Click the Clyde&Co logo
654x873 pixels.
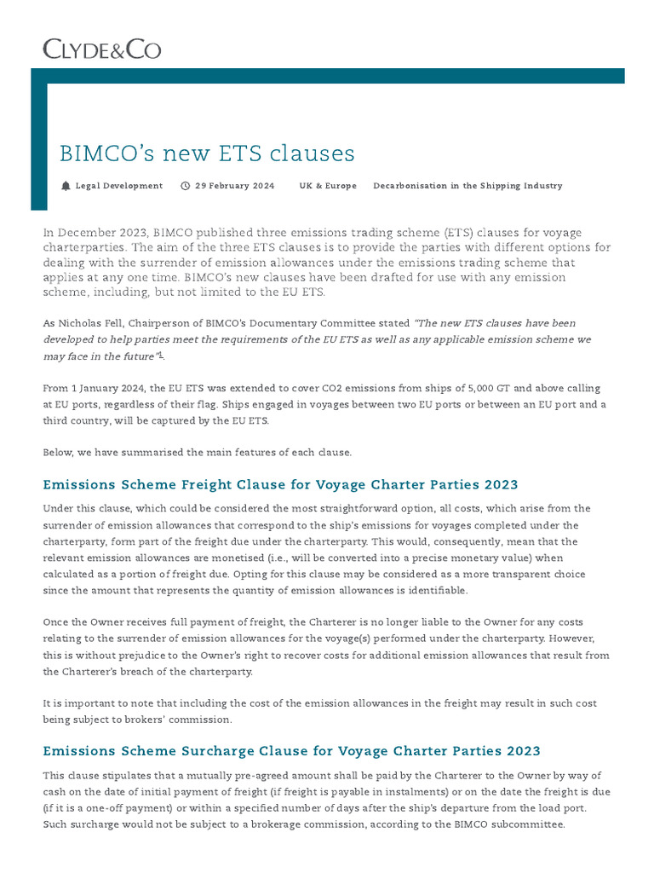101,49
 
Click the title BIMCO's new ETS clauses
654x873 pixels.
207,153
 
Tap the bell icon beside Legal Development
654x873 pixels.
66,186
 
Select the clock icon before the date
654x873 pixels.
186,186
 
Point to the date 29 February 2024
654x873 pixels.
234,186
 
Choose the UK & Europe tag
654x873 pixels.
328,186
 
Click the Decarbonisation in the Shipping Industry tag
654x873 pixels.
468,186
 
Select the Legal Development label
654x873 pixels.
118,186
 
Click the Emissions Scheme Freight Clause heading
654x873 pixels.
280,484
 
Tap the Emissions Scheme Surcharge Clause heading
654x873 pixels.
291,751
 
